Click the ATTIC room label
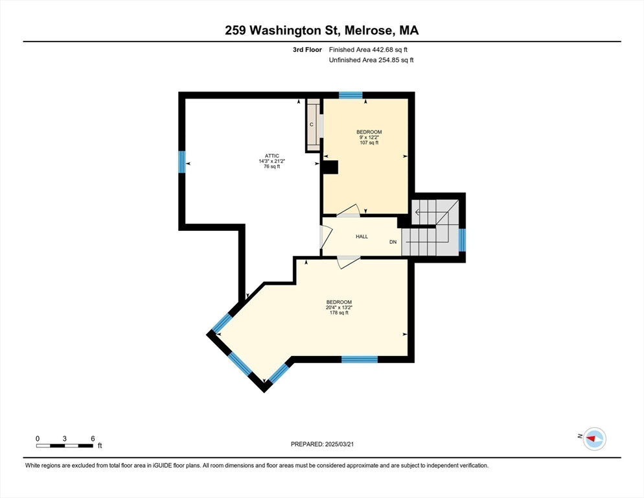[x=272, y=156]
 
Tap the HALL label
[x=362, y=237]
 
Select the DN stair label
[x=393, y=242]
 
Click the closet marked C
[x=313, y=125]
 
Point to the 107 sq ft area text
[x=369, y=143]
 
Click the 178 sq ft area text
[x=339, y=313]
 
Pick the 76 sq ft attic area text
[x=272, y=167]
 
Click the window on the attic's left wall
[x=182, y=161]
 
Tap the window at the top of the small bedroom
[x=351, y=95]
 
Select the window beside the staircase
[x=462, y=240]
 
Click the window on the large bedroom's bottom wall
[x=360, y=359]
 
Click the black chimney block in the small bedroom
[x=330, y=167]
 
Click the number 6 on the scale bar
[x=93, y=438]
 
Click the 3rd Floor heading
[x=307, y=50]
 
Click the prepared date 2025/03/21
[x=339, y=444]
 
